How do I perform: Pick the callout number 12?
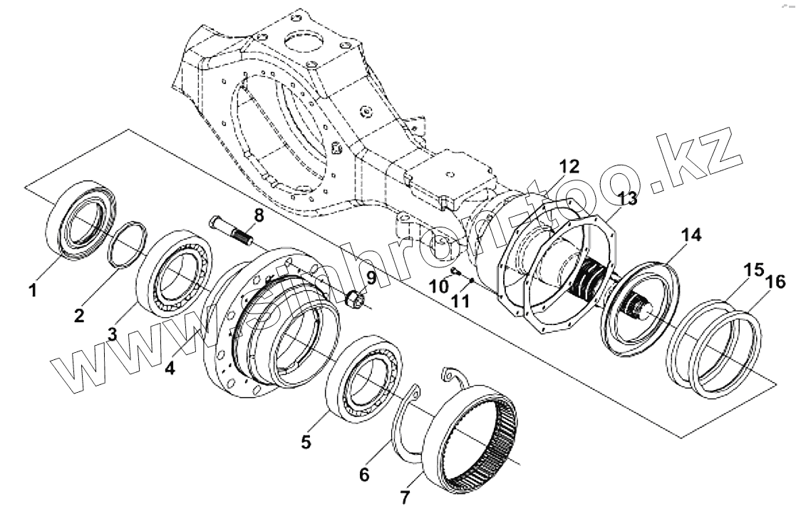[569, 166]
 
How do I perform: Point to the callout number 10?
[440, 286]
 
